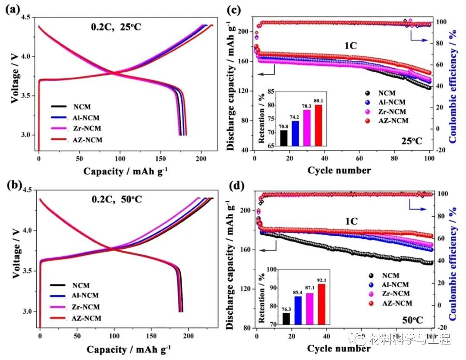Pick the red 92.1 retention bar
pos(321,304)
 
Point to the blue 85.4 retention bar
pos(298,310)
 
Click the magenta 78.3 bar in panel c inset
pos(307,126)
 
